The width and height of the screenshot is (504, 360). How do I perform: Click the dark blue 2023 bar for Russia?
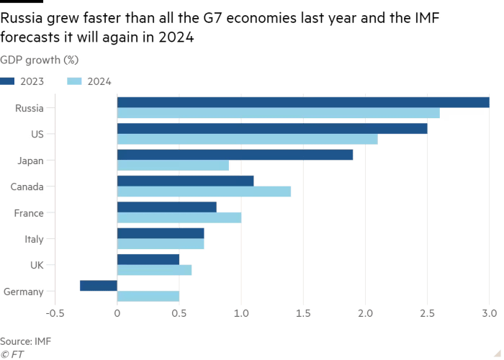click(x=302, y=102)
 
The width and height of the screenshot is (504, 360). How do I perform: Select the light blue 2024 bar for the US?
click(x=247, y=139)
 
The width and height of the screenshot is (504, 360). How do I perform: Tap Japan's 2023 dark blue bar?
click(x=235, y=155)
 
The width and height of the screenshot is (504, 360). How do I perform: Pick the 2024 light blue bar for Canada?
click(x=204, y=192)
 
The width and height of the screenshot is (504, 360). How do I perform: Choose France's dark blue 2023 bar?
click(x=166, y=207)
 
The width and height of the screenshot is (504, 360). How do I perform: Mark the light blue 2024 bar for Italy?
click(x=161, y=244)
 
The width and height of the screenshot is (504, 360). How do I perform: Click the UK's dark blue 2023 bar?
click(x=148, y=258)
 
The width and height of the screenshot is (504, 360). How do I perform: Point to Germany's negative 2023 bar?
click(x=98, y=286)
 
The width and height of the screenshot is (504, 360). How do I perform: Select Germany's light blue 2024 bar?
click(x=148, y=296)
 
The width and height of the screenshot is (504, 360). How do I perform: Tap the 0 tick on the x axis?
click(x=117, y=313)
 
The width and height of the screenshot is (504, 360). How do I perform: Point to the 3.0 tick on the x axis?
click(x=489, y=313)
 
